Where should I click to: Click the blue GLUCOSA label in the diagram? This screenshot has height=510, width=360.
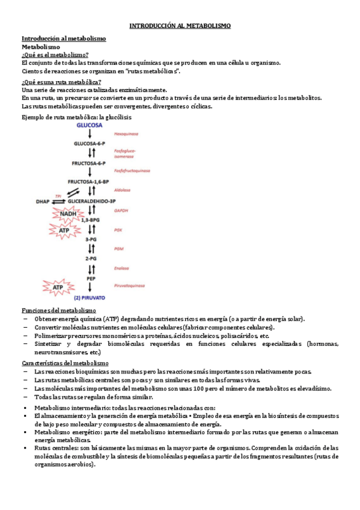90,125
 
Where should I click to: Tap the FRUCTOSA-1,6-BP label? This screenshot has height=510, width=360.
90,181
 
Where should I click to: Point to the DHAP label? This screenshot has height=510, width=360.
43,201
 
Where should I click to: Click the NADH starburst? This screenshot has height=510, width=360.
64,214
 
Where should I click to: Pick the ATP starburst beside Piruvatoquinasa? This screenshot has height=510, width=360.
58,288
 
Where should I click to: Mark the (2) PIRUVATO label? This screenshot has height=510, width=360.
90,297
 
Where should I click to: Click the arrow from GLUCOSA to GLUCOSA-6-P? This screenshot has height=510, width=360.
90,135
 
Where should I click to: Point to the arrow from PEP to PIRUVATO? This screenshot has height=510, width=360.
90,287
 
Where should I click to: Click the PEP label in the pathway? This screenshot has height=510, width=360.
90,278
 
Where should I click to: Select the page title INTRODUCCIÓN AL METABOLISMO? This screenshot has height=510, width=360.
180,26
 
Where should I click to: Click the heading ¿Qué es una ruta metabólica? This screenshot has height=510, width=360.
61,82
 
